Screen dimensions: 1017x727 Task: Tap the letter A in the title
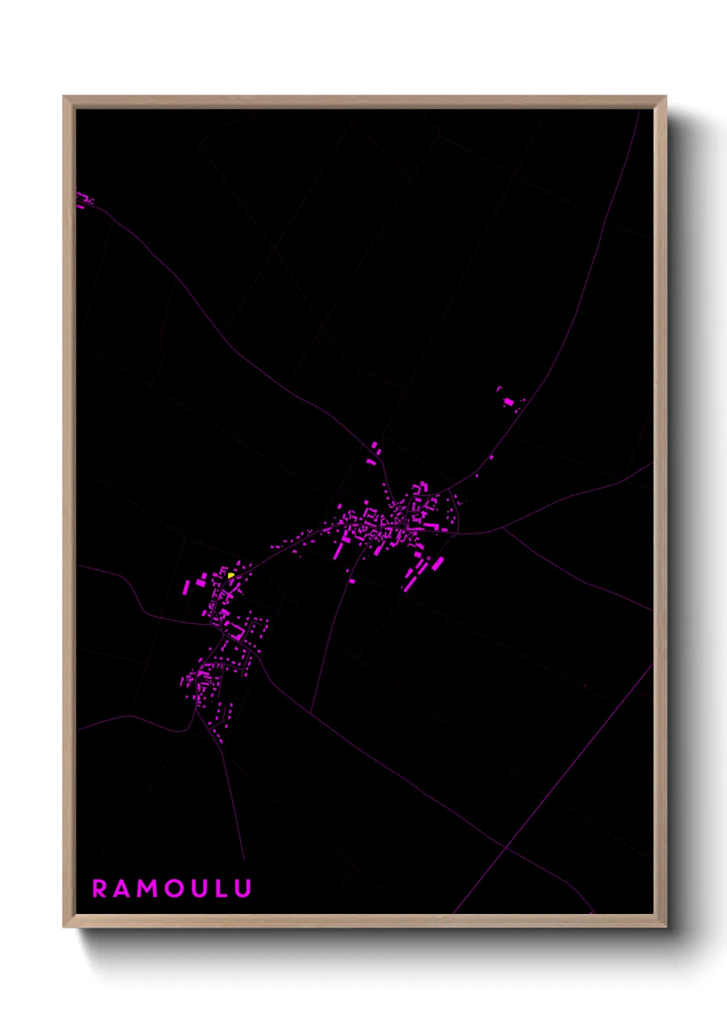(121, 889)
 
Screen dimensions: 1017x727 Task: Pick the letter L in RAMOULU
(221, 889)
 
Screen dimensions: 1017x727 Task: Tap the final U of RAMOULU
(243, 889)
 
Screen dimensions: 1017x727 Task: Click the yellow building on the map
(232, 575)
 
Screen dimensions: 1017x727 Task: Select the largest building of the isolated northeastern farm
(508, 401)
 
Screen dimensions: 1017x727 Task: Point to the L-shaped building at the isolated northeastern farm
(500, 389)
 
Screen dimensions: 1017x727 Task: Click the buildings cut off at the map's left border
(82, 200)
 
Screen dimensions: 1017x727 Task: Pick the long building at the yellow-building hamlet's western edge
(186, 588)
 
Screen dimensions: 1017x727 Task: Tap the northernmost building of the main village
(374, 445)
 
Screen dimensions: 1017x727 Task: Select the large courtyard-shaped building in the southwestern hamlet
(238, 631)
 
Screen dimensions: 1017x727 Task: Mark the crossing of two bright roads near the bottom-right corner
(505, 847)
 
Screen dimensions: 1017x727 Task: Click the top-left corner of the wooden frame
(64, 97)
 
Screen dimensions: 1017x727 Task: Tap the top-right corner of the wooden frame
(665, 97)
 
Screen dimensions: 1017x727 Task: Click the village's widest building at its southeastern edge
(437, 564)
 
